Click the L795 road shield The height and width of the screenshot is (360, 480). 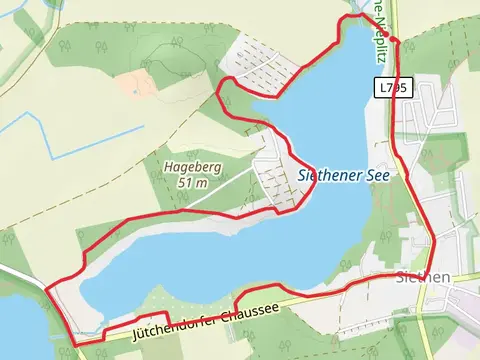click(x=393, y=88)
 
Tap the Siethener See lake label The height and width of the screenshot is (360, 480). click(x=342, y=174)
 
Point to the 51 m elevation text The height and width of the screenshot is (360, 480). click(x=192, y=183)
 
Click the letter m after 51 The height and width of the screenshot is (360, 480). click(x=202, y=183)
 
